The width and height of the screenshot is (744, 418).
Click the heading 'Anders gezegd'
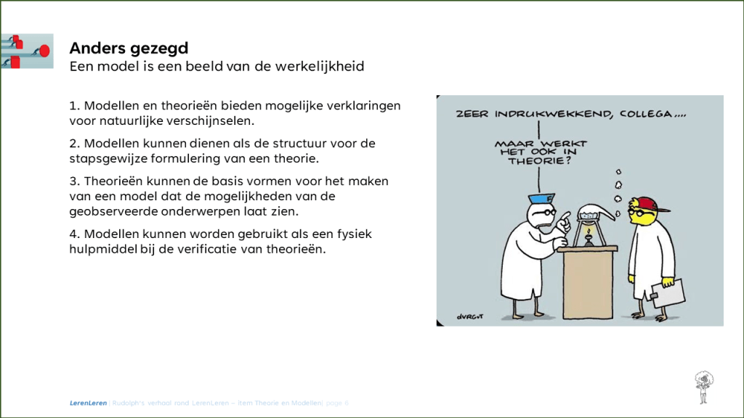129,49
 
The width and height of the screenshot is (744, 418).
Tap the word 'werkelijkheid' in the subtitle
321,67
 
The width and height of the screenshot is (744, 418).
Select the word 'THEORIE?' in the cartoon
541,164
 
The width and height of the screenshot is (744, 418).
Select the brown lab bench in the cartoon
588,283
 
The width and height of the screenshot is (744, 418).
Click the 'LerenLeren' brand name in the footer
87,403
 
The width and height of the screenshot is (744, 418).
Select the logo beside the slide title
27,51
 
